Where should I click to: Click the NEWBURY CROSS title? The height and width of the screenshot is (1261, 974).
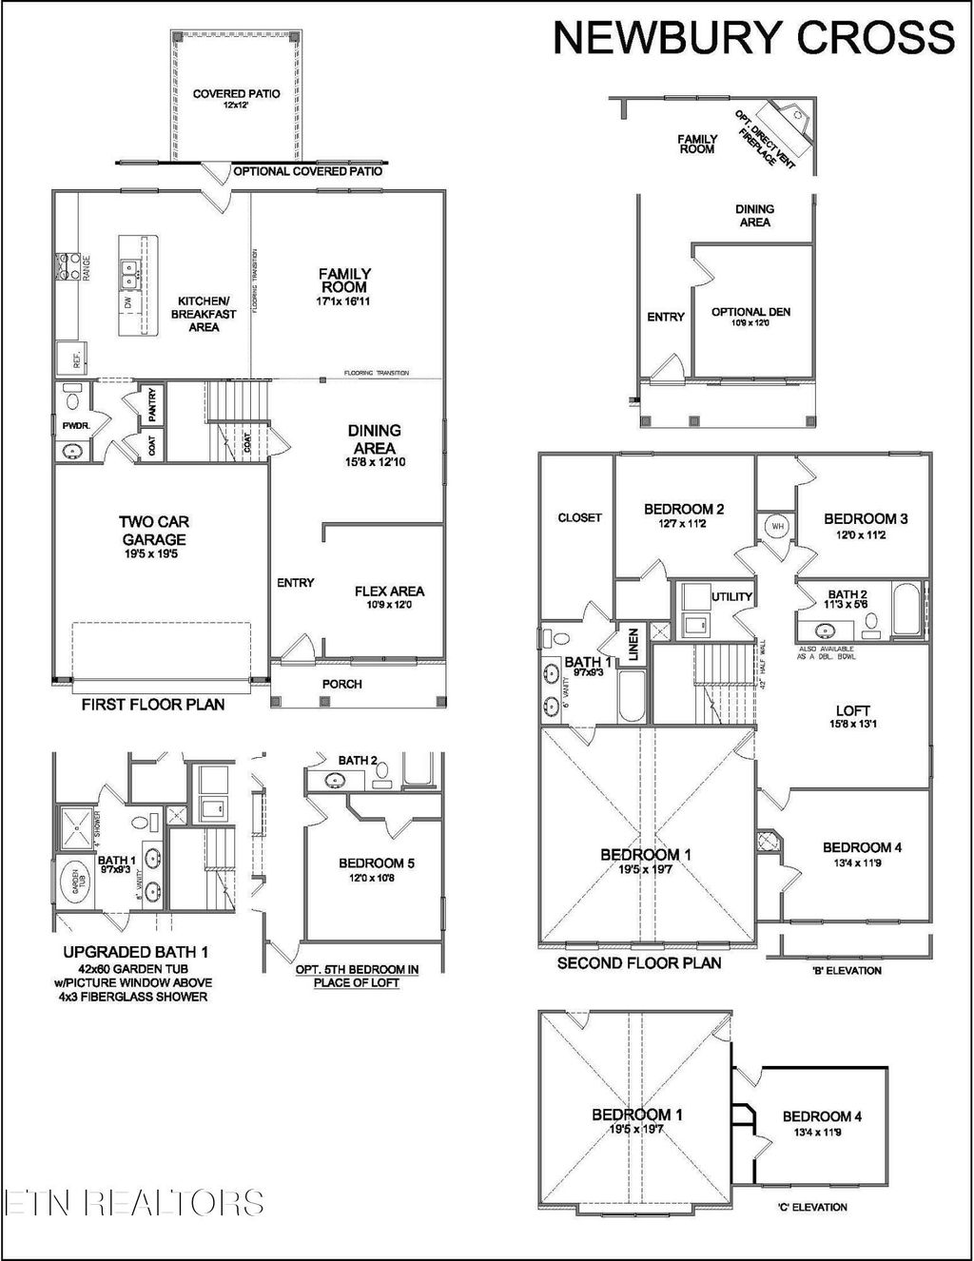pyautogui.click(x=753, y=38)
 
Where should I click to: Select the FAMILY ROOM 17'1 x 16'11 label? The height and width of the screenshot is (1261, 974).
pyautogui.click(x=344, y=286)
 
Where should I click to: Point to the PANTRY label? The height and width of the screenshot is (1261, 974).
pyautogui.click(x=153, y=405)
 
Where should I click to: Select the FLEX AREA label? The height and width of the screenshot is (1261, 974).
pyautogui.click(x=389, y=596)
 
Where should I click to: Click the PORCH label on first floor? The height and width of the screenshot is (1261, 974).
pyautogui.click(x=341, y=684)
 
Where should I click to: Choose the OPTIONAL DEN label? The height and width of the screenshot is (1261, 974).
pyautogui.click(x=750, y=316)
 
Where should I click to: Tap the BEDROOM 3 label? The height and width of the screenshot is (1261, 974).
pyautogui.click(x=865, y=525)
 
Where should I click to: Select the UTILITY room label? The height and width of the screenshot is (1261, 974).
pyautogui.click(x=732, y=596)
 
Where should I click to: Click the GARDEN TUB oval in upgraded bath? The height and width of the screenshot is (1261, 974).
pyautogui.click(x=76, y=883)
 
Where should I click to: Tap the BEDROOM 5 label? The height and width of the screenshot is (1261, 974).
pyautogui.click(x=376, y=869)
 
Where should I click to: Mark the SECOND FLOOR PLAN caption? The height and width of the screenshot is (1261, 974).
pyautogui.click(x=638, y=963)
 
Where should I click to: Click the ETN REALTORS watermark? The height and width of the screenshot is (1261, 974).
pyautogui.click(x=133, y=1202)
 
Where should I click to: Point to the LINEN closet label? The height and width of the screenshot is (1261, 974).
pyautogui.click(x=631, y=643)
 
